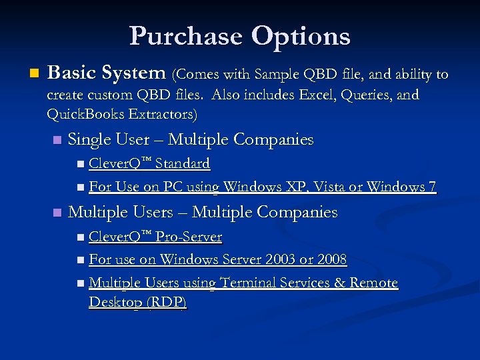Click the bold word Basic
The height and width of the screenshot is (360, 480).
point(71,72)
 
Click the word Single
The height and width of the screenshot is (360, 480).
point(90,140)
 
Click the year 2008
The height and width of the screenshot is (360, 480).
point(331,259)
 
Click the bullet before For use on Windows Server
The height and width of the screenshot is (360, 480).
point(81,260)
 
